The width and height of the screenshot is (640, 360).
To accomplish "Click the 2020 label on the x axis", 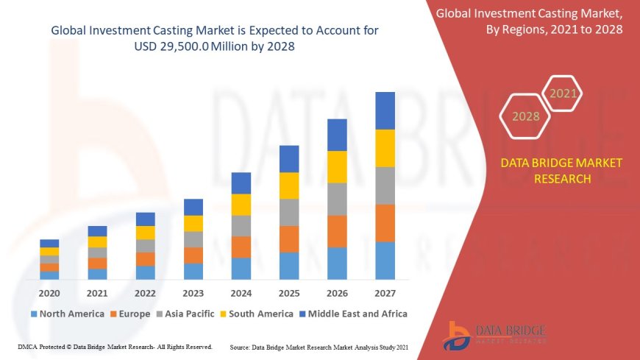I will (49, 292).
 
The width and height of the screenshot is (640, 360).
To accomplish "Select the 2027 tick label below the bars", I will (385, 292).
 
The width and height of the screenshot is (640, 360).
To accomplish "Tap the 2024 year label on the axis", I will (241, 292).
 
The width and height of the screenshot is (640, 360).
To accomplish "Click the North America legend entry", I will (67, 314).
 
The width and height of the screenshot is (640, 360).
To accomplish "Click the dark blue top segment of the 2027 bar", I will (385, 110).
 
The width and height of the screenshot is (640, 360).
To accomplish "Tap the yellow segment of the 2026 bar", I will (337, 166).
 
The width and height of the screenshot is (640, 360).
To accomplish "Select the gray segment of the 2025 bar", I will (289, 212).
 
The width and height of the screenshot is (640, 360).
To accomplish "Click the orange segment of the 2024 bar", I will (241, 247).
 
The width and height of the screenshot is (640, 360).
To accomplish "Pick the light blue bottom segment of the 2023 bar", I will (193, 271).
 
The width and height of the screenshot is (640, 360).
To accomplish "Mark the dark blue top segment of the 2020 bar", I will (49, 243).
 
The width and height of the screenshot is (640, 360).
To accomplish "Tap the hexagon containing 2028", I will (525, 116).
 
